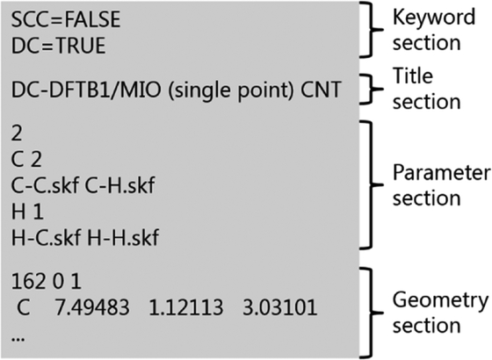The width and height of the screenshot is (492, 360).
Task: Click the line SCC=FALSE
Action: pos(66,19)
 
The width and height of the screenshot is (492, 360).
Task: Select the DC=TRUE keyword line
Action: pos(58,46)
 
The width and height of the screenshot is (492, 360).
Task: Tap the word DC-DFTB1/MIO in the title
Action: pos(86,90)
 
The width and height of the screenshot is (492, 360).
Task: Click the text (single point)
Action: pos(230,90)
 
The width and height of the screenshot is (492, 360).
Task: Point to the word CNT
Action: pos(321,90)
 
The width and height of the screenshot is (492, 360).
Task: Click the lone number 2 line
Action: pos(17,133)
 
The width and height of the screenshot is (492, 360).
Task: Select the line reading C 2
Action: pos(26,159)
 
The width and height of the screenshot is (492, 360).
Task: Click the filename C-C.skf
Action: pos(45,185)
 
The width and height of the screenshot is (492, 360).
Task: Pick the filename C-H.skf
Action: pos(119,185)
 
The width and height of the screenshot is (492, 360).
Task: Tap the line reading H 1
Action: pos(27,212)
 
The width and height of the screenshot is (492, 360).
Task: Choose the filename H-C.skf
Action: pos(46,237)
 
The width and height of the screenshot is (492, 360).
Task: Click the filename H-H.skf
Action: pos(123,237)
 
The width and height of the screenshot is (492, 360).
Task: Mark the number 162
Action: pos(28,281)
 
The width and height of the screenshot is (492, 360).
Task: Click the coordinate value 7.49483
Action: pos(92,307)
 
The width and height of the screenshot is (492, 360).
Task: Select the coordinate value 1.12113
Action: pos(185,307)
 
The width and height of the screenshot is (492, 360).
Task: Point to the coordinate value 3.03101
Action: pos(280,307)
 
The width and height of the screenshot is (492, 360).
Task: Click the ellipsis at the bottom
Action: pos(18,339)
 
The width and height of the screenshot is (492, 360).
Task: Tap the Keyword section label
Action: pos(434,30)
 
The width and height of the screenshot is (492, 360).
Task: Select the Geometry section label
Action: pos(440,313)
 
